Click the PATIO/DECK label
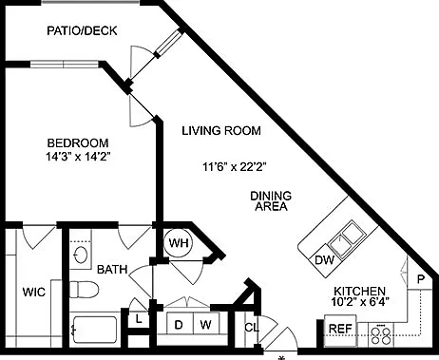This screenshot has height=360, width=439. [82, 30]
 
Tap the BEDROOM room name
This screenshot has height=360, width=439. [78, 143]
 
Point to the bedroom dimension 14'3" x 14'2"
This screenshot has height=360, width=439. [78, 157]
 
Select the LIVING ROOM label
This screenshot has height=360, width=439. [221, 130]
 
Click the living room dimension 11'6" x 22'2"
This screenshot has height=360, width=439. [234, 166]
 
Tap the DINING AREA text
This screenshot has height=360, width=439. [271, 201]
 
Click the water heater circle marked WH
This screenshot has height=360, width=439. [179, 243]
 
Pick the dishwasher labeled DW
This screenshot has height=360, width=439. [325, 260]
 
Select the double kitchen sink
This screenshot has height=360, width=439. [347, 237]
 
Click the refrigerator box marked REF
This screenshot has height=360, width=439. [340, 329]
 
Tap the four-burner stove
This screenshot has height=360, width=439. [381, 335]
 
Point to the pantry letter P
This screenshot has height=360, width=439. [421, 279]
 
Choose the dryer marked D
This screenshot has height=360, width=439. [179, 325]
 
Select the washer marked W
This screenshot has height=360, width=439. [206, 325]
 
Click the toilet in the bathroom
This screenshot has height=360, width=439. [83, 290]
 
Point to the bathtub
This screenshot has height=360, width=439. [94, 330]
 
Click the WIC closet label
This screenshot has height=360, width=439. [34, 292]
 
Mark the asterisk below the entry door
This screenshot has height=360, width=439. [281, 358]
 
